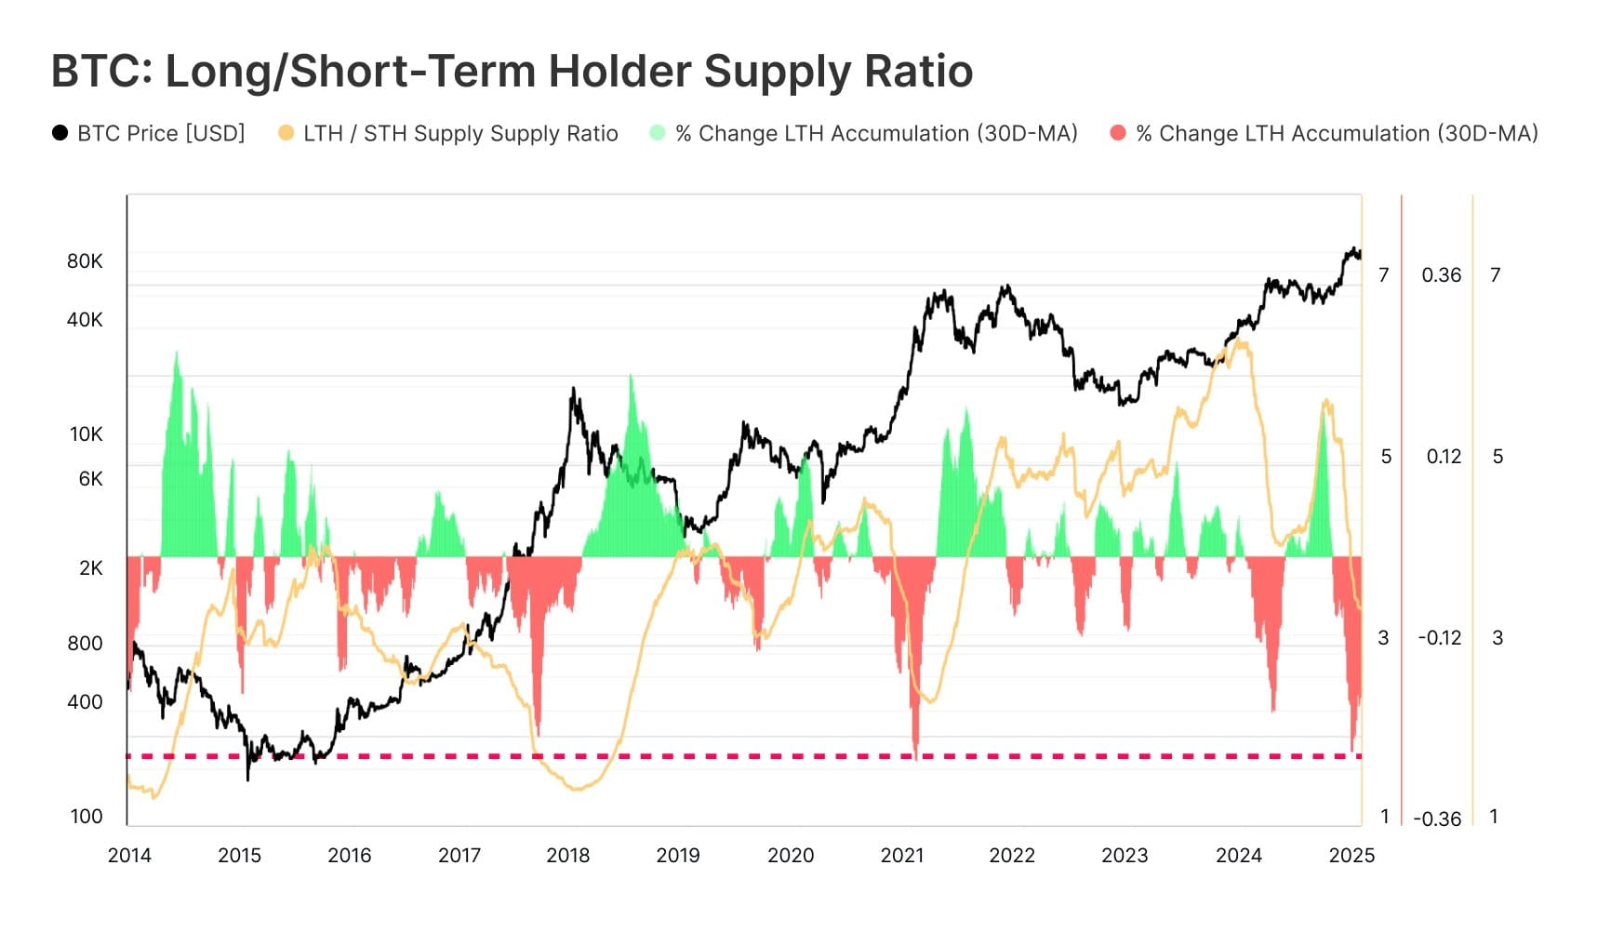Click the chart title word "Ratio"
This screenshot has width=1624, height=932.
click(x=918, y=72)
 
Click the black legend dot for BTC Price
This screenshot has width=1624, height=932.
click(x=60, y=133)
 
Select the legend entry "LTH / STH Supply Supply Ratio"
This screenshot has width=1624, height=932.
click(x=460, y=134)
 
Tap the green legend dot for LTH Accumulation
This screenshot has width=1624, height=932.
click(x=658, y=133)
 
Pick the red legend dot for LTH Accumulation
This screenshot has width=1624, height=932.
click(x=1118, y=133)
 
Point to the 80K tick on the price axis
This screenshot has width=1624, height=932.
click(x=85, y=261)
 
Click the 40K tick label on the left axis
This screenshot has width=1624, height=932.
click(x=85, y=320)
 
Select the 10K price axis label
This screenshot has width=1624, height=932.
click(x=87, y=434)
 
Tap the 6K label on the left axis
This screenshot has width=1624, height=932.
click(x=90, y=479)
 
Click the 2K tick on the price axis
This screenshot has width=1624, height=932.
click(x=90, y=568)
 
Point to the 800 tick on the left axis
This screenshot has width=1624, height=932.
click(x=85, y=644)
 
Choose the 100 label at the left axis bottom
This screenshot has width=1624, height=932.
click(x=87, y=817)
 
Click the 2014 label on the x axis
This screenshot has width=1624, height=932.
click(x=129, y=856)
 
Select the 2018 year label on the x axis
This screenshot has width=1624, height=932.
click(x=568, y=856)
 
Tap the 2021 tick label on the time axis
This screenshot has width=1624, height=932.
click(x=902, y=856)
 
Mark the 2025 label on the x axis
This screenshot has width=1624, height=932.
click(x=1351, y=856)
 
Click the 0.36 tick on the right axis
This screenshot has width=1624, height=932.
click(x=1442, y=275)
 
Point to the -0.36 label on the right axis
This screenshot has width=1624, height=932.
click(x=1437, y=819)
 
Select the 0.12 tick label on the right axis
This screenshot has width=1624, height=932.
click(x=1444, y=457)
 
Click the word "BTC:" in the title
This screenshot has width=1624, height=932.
click(x=101, y=72)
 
